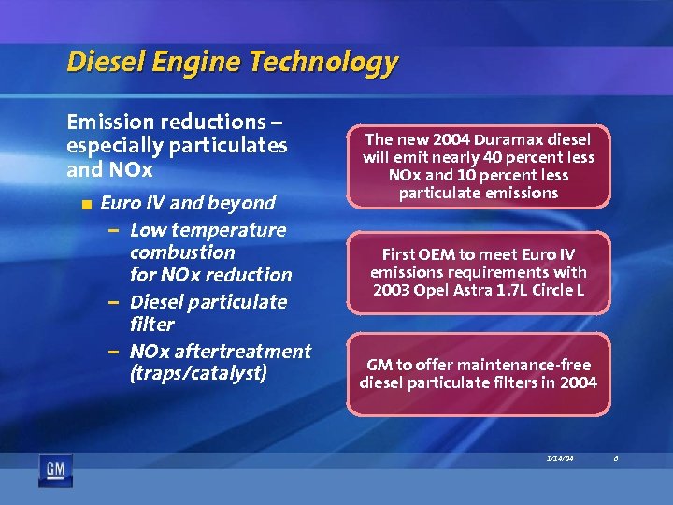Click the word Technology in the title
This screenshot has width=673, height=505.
[324, 63]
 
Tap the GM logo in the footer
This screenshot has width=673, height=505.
[54, 469]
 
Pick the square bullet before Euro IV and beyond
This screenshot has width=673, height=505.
[86, 204]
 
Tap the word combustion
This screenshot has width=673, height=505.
[182, 252]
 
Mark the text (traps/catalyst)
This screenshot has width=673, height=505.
[198, 374]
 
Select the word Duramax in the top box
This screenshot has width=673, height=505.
[505, 138]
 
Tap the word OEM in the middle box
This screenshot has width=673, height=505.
[436, 254]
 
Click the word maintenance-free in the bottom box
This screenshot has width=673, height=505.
[511, 365]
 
